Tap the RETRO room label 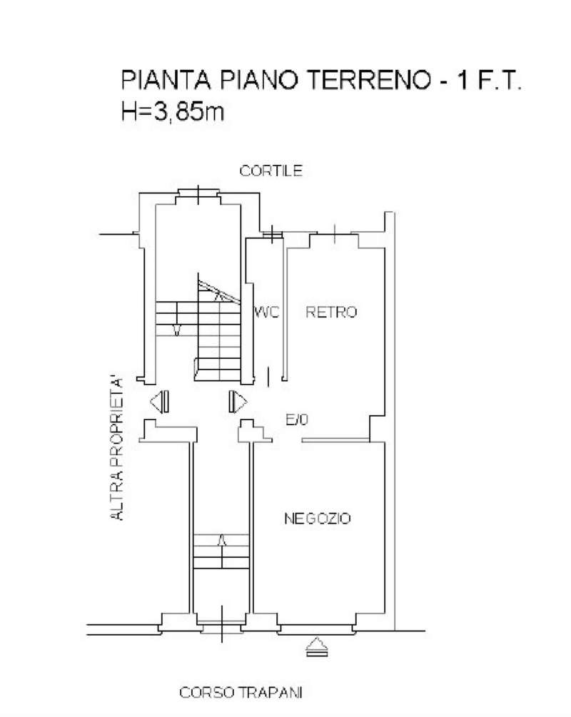coord(331,312)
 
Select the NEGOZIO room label coord(317,519)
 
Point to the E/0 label coord(297,420)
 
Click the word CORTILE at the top coord(271,171)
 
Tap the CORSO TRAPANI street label coord(241,692)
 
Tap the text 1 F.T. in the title coord(491,80)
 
